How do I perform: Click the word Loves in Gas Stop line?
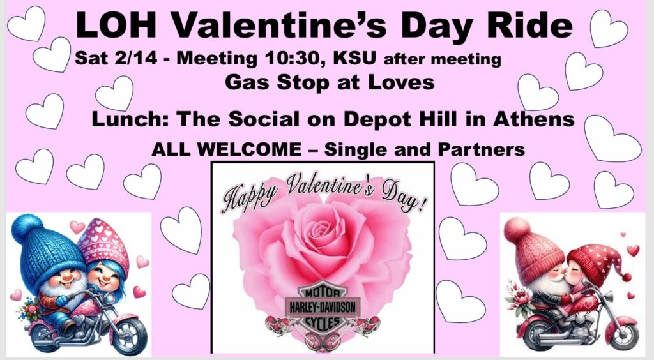click(x=401, y=82)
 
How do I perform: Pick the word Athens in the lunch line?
click(x=533, y=119)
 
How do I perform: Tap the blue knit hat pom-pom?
click(x=27, y=229)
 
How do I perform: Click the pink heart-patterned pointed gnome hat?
click(x=103, y=243)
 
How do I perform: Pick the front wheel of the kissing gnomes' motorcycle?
click(x=622, y=335)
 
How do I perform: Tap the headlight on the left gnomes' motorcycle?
click(x=109, y=297)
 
